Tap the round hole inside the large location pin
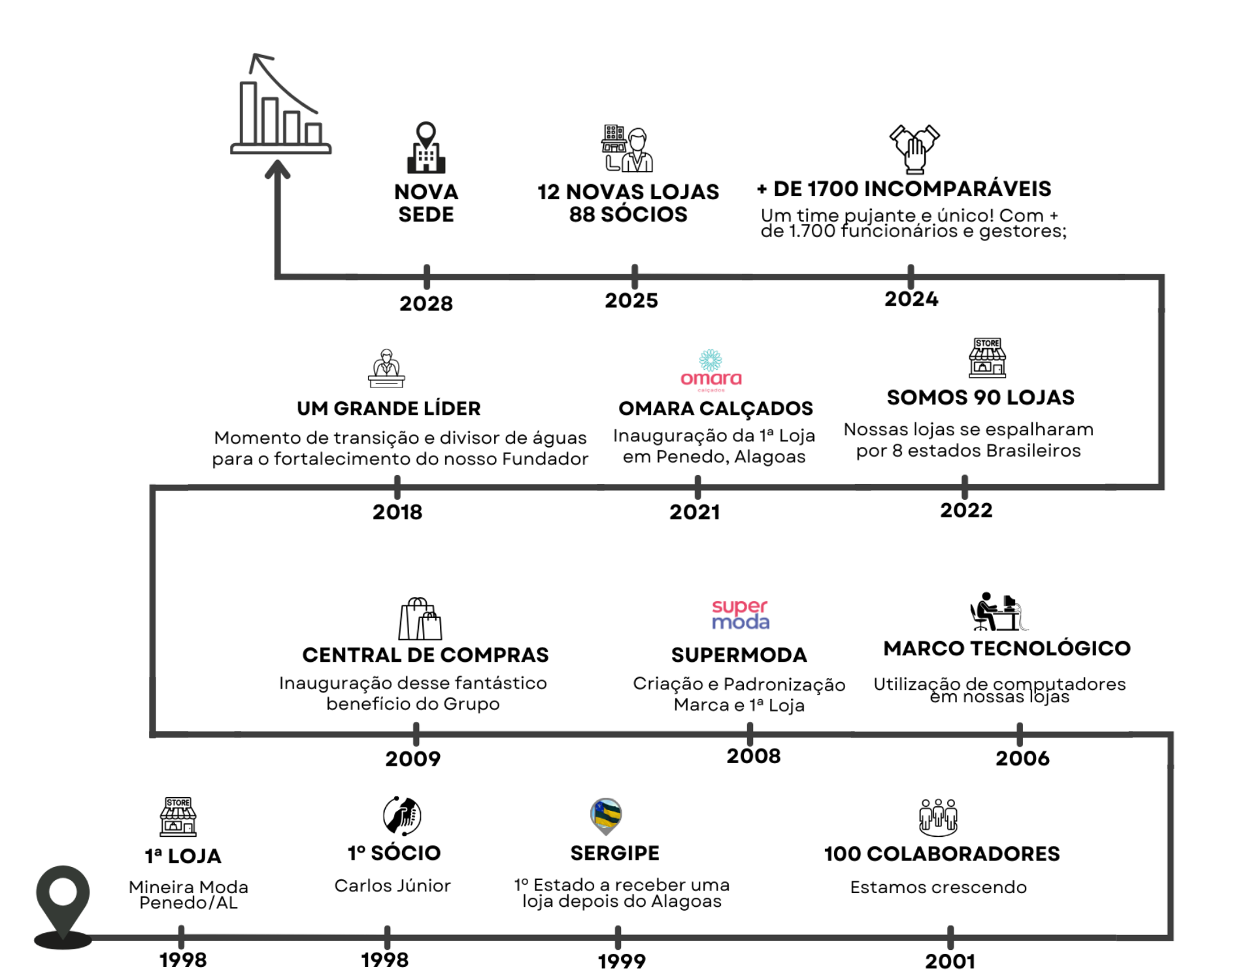pyautogui.click(x=63, y=892)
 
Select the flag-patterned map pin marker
pyautogui.click(x=606, y=815)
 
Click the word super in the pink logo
pyautogui.click(x=739, y=606)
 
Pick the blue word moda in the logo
pyautogui.click(x=741, y=623)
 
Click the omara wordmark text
pyautogui.click(x=711, y=379)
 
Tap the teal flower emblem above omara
pyautogui.click(x=711, y=359)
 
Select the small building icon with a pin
pyautogui.click(x=426, y=148)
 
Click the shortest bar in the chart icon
pyautogui.click(x=314, y=133)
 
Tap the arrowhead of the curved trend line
pyautogui.click(x=256, y=61)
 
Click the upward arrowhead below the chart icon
pyautogui.click(x=278, y=169)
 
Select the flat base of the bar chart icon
pyautogui.click(x=281, y=150)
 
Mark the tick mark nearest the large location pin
pyautogui.click(x=181, y=938)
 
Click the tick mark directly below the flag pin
pyautogui.click(x=618, y=938)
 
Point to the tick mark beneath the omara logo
pyautogui.click(x=698, y=487)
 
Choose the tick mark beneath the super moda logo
pyautogui.click(x=750, y=734)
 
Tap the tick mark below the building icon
pyautogui.click(x=427, y=277)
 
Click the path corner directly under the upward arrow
pyautogui.click(x=278, y=276)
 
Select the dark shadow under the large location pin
pyautogui.click(x=63, y=941)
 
